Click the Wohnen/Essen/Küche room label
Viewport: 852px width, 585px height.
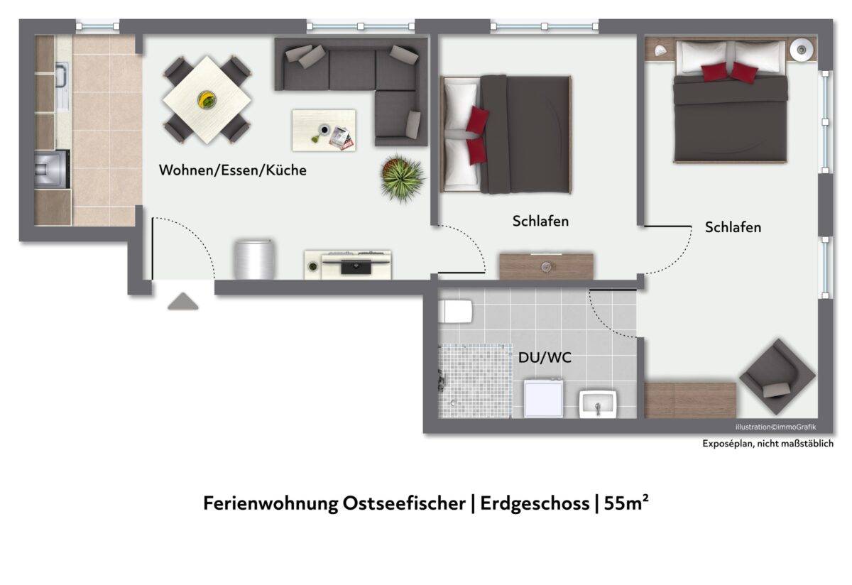(x=232, y=170)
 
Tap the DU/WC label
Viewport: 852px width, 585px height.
(x=545, y=358)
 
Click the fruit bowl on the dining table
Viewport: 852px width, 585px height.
(x=207, y=99)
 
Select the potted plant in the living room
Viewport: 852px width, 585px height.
(x=403, y=178)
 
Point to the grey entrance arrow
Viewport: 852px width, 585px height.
(x=183, y=301)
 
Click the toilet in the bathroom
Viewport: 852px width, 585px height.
(x=455, y=312)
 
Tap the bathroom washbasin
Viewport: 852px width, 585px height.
(x=598, y=404)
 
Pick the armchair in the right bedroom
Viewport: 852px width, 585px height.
(x=777, y=376)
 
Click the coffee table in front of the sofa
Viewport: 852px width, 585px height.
(x=324, y=131)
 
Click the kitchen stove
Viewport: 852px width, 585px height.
(x=52, y=169)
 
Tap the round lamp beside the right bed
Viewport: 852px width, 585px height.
(x=802, y=50)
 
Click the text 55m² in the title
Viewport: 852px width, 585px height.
(x=626, y=503)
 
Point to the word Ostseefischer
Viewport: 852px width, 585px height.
(x=404, y=503)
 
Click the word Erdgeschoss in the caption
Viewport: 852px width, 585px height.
(x=535, y=504)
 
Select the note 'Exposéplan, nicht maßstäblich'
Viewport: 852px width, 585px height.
(x=768, y=444)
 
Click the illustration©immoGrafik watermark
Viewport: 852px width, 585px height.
(x=775, y=427)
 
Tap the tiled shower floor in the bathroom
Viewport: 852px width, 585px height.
(x=475, y=381)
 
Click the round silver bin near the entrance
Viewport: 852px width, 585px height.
(x=254, y=259)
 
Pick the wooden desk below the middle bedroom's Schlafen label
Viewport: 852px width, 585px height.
(x=546, y=266)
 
